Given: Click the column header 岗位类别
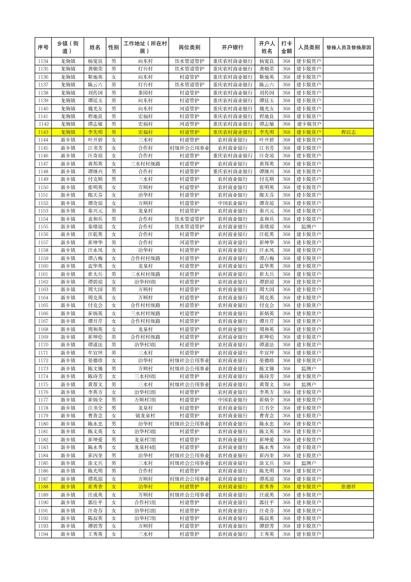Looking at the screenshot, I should pos(189,47).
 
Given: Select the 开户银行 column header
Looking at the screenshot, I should pos(232,47).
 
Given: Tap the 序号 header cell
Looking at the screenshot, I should pos(43,47).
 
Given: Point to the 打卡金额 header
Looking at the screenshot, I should pos(286,47).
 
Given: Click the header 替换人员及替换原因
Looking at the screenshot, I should pos(348,47).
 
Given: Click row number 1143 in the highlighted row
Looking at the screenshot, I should pos(43,132).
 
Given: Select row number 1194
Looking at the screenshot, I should pos(43,534).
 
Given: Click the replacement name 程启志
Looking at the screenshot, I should pos(348,132).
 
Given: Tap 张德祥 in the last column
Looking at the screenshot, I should pos(348,487).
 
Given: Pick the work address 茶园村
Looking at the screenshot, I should pos(145,93).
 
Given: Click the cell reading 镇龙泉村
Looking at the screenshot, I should pos(145,416).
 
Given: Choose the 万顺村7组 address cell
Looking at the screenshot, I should pos(145,400).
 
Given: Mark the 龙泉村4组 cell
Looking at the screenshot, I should pos(145,447).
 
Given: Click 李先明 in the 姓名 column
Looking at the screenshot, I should pos(95,132).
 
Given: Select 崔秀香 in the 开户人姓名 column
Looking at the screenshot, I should pos(266,487).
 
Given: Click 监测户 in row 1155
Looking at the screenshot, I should pos(308,227).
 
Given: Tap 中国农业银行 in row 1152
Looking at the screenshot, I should pos(232,203).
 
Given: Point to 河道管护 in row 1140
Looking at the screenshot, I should pos(189,108).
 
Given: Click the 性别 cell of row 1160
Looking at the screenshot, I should pos(114,266).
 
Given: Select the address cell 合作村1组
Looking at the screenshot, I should pos(145,502).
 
